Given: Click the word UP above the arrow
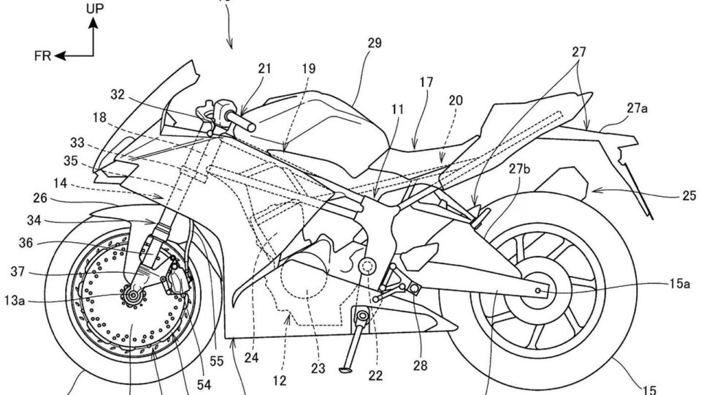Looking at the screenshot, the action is point(94,9).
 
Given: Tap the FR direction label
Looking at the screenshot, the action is point(43,56).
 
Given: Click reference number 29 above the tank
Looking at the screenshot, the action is point(375,43).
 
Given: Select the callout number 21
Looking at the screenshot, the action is point(264,68).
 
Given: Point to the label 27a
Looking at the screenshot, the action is point(637,108).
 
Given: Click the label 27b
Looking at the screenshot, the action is point(519,168).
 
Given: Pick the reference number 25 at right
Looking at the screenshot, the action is point(689,195).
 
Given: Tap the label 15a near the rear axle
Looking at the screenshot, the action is point(680,284).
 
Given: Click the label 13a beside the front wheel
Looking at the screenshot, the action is point(15,301).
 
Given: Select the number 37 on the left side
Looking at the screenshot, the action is point(18,272).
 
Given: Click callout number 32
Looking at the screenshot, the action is point(118,94).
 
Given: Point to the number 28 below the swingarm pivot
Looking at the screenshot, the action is point(421,366).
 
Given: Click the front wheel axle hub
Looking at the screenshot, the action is point(132,295).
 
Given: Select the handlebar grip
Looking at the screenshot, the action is point(240,121).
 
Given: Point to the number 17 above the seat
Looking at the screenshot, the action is point(426,83).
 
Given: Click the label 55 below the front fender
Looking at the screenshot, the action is point(216,361).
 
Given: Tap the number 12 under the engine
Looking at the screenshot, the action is point(280,380).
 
